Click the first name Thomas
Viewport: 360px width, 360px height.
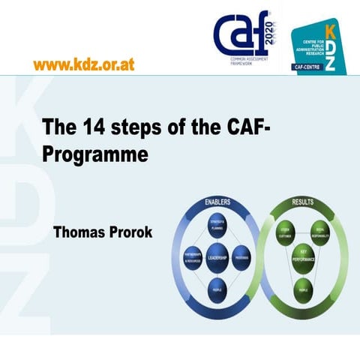tap(78, 232)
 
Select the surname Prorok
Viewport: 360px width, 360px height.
tap(129, 232)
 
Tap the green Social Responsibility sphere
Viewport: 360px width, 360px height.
tap(320, 232)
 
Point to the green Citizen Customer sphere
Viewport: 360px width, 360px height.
tap(285, 232)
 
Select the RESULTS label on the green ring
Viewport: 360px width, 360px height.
tap(303, 202)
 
